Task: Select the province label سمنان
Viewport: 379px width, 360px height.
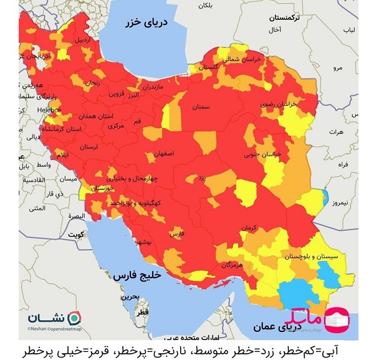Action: [x=200, y=107]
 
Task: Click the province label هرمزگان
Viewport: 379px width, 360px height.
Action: [x=230, y=265]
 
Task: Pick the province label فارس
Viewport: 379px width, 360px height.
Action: [x=178, y=233]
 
